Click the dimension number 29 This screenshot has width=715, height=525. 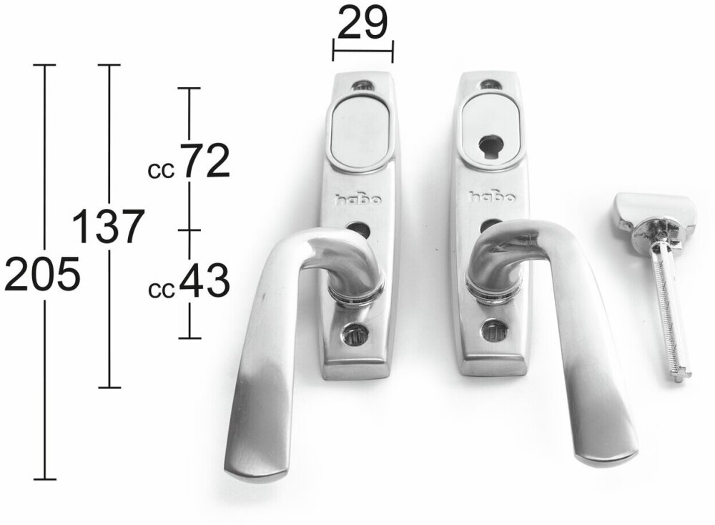point(363,22)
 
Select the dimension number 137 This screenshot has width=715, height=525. point(109,227)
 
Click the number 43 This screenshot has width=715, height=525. point(204,281)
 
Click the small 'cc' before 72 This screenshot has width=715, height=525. point(161,171)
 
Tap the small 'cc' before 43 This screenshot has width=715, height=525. point(161,290)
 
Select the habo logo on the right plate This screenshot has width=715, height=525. point(493,197)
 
